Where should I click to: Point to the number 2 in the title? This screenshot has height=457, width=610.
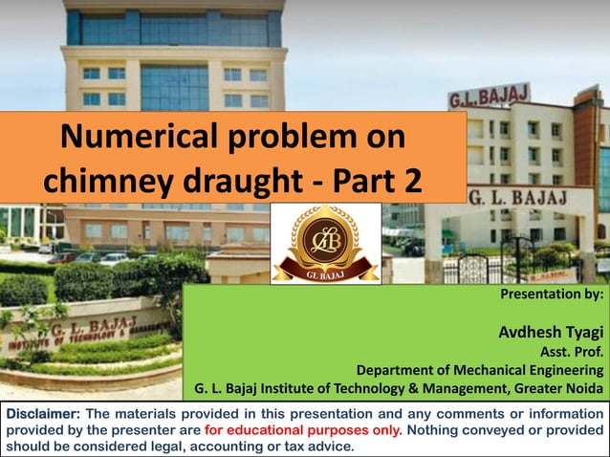click(x=409, y=181)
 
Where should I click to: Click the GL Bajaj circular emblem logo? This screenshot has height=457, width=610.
click(x=326, y=243)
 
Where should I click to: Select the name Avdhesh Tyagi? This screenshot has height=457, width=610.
click(x=551, y=333)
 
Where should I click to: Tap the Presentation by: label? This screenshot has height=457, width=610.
click(x=552, y=295)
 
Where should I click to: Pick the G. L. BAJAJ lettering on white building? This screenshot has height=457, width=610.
click(x=517, y=197)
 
